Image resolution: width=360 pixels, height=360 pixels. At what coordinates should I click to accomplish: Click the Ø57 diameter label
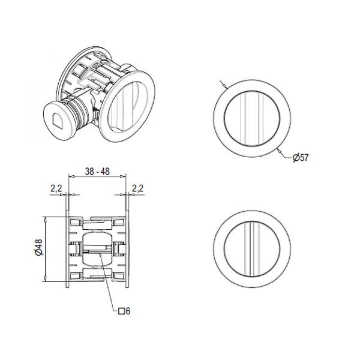(x=301, y=158)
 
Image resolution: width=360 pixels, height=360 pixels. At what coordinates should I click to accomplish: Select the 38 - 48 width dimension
(x=97, y=171)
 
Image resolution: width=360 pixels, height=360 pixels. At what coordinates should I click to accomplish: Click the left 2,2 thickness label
(x=56, y=189)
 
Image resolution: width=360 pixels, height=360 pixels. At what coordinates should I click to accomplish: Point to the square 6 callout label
(x=124, y=311)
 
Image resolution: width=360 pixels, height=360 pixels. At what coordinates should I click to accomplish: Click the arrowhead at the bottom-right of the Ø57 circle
(x=279, y=150)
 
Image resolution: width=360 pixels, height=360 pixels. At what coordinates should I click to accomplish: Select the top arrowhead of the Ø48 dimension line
(x=46, y=219)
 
